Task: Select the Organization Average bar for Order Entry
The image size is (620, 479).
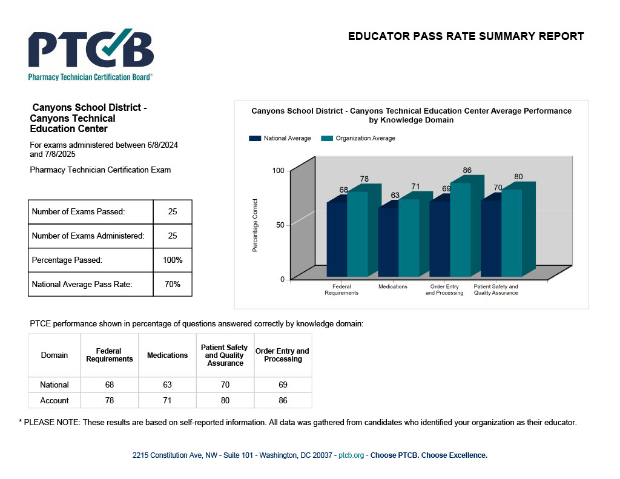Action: (460, 230)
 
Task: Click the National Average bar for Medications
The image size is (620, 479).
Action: (388, 242)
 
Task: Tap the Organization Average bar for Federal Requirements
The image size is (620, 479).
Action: (357, 234)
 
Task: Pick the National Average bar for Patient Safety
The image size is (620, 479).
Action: (491, 238)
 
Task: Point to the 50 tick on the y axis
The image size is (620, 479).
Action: (280, 225)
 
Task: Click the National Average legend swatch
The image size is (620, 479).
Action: (255, 139)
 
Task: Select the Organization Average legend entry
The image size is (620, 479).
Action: (358, 139)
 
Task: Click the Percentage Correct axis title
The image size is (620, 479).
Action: (255, 225)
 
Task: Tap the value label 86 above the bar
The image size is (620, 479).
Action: (467, 170)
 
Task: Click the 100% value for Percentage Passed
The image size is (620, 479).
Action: (173, 260)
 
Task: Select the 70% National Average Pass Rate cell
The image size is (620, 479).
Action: (173, 285)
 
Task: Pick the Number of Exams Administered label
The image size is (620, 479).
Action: (88, 236)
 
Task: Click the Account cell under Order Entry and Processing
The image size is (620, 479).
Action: (283, 401)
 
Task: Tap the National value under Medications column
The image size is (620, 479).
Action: (167, 385)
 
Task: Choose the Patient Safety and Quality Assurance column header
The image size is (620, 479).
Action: (225, 355)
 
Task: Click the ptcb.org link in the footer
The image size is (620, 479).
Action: (351, 455)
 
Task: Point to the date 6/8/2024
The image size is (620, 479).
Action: (162, 145)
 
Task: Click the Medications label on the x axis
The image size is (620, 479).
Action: (392, 287)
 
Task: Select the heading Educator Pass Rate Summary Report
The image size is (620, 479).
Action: (466, 36)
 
